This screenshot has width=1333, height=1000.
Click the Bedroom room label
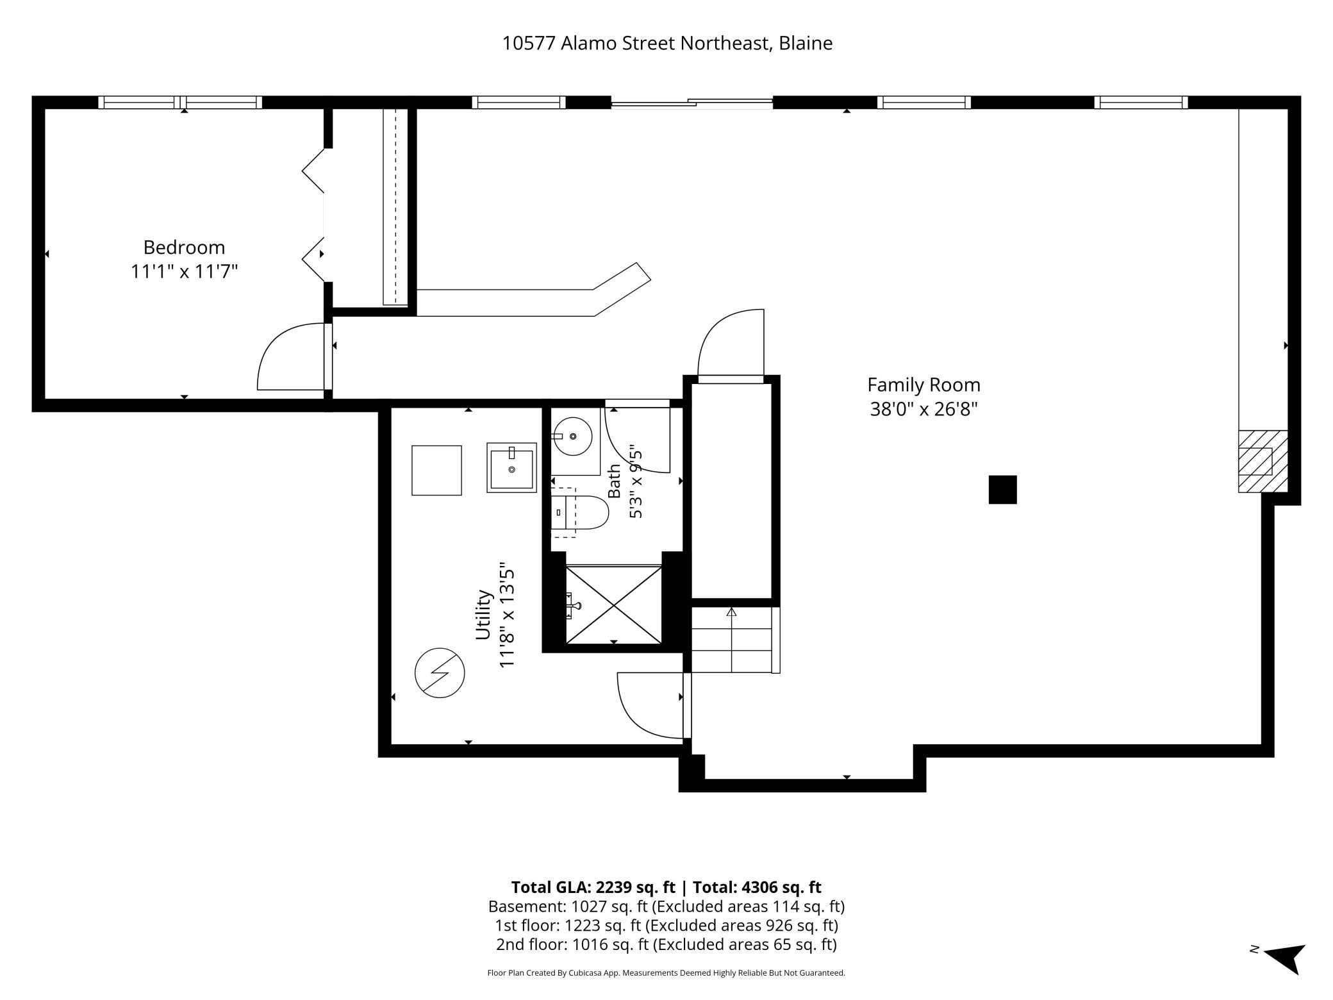pos(184,247)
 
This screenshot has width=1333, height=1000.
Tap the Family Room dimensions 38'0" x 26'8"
pos(923,408)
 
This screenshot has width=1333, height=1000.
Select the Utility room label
pos(483,615)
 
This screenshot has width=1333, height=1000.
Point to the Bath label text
pos(614,481)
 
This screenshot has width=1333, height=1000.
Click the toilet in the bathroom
pos(579,512)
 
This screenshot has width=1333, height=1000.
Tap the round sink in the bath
pos(572,437)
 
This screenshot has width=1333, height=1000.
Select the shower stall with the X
pos(613,604)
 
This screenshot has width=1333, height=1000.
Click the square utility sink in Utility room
pos(511,467)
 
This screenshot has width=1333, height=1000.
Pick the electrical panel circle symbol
pos(440,673)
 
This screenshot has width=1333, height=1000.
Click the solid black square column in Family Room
pos(1002,490)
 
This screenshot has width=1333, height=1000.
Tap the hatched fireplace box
pos(1263,462)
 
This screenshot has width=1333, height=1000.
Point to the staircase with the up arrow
pos(735,640)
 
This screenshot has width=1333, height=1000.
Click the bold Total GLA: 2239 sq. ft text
pos(593,887)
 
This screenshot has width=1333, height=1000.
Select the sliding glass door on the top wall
pos(691,103)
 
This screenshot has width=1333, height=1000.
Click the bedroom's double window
pos(180,102)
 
